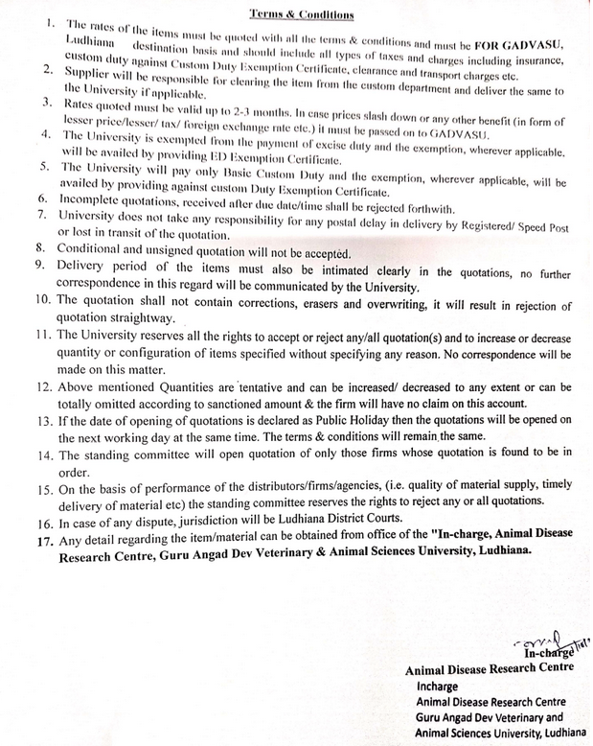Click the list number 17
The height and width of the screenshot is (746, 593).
point(42,540)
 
